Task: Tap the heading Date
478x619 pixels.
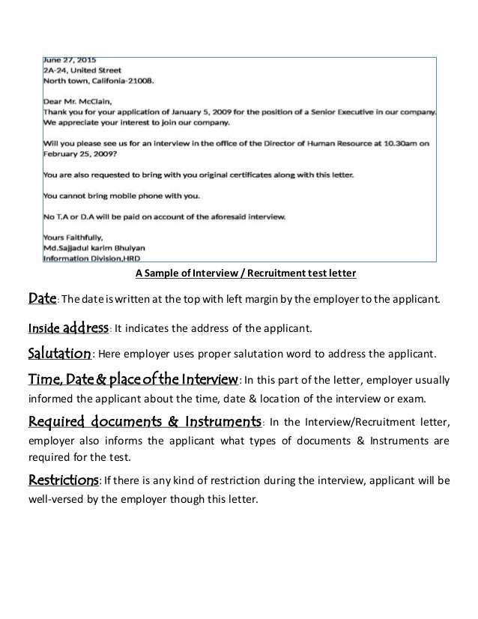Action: click(38, 300)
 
